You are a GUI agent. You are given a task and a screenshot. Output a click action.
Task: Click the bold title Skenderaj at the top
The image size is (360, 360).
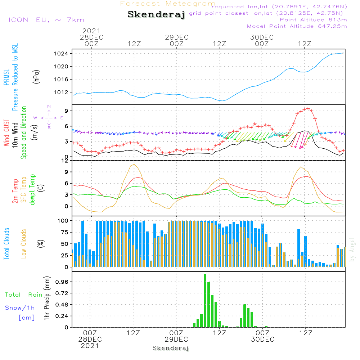[x=156, y=15]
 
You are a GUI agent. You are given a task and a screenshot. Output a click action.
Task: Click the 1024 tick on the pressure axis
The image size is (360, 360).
[x=61, y=54]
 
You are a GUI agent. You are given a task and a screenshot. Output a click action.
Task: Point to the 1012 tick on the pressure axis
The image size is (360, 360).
[x=61, y=92]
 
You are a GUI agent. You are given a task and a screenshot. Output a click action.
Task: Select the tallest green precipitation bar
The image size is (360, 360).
[x=205, y=301]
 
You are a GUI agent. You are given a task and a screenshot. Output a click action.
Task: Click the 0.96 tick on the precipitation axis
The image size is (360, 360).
[x=62, y=282]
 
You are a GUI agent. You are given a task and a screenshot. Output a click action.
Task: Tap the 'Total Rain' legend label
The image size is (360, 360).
[x=23, y=295]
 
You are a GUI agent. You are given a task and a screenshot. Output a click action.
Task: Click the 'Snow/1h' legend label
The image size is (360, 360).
[x=20, y=308]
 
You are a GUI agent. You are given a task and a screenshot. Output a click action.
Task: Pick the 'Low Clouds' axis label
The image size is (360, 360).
[x=24, y=244]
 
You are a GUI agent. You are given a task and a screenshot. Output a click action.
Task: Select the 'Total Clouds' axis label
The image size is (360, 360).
[x=6, y=244]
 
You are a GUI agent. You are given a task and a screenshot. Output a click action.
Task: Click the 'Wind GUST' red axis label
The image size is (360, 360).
[x=6, y=132]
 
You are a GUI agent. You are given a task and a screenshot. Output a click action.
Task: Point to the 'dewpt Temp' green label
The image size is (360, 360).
[x=32, y=189]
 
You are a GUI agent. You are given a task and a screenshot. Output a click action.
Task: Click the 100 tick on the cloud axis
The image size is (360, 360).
[x=63, y=221]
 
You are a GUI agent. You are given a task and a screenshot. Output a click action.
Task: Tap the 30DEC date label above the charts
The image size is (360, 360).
[x=262, y=37]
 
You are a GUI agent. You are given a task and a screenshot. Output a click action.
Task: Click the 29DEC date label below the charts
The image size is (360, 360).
[x=176, y=339]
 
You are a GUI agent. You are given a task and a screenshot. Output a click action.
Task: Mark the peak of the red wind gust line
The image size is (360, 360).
[x=308, y=109]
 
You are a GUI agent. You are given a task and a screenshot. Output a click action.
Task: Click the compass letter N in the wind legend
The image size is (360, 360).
[x=49, y=107]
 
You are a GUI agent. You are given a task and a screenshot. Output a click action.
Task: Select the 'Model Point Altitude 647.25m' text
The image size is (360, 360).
[x=297, y=26]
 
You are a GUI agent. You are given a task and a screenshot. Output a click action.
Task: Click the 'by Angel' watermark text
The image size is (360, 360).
[x=352, y=249]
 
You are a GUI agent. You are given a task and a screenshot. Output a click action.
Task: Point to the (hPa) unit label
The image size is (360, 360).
[x=36, y=77]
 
